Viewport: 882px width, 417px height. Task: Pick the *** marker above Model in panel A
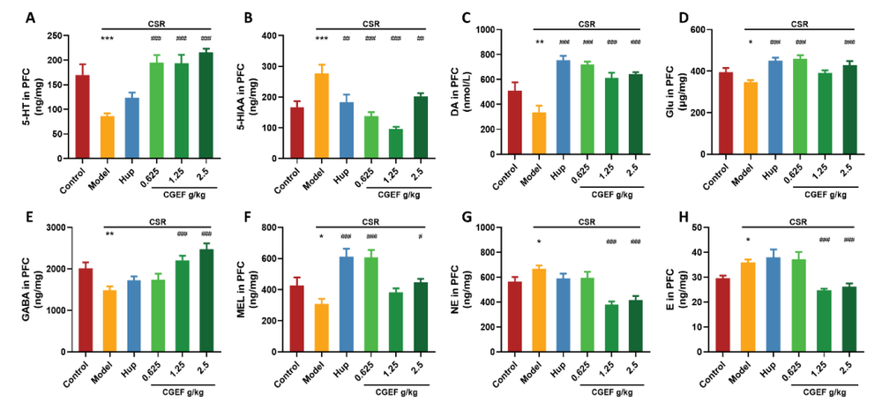coord(107,39)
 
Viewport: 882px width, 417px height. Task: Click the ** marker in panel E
coord(107,234)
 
